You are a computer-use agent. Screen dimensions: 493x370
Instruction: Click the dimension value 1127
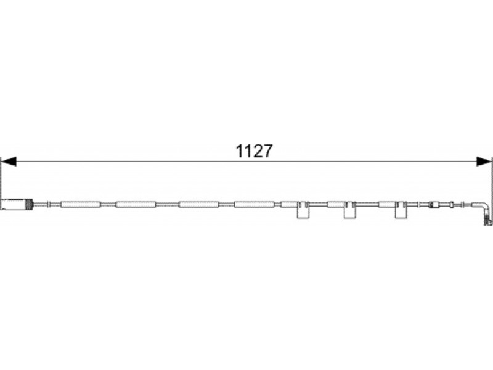254,151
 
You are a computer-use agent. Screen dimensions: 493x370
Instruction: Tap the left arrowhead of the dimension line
9,162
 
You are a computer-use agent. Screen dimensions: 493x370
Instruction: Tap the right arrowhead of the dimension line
484,162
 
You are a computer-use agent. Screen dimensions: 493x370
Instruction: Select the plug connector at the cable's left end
17,204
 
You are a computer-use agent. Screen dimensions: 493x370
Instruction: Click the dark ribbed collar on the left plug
29,204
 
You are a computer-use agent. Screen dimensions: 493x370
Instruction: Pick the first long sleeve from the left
81,205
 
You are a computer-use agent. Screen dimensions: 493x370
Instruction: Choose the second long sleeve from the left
136,205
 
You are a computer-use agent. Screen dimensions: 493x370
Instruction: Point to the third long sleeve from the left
198,205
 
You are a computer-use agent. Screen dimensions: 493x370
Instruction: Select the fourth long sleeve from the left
255,205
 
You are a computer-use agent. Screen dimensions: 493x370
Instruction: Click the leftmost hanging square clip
303,210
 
